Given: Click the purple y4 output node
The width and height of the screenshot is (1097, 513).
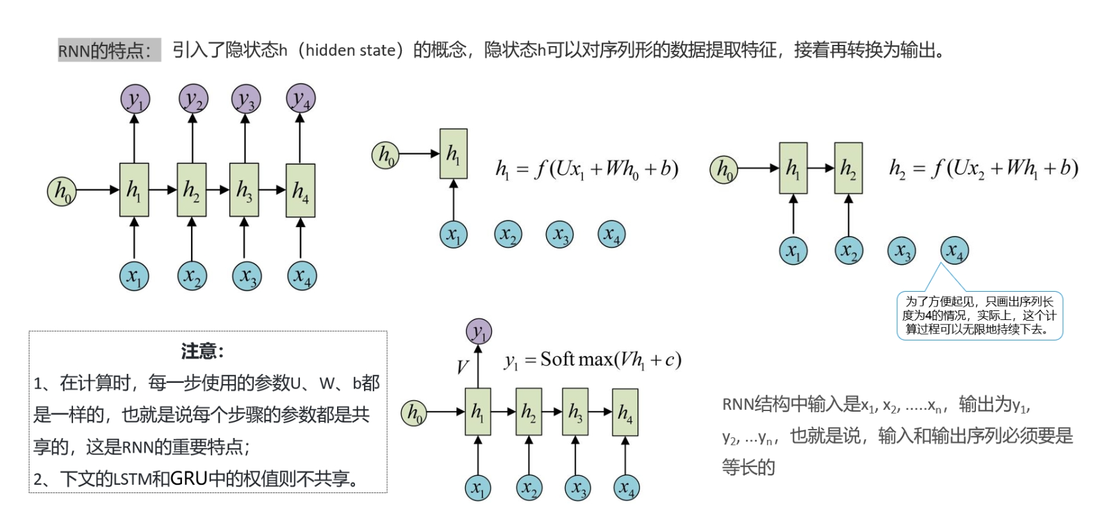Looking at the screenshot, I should (x=300, y=99).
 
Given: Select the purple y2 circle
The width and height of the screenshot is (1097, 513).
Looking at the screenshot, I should (x=193, y=99).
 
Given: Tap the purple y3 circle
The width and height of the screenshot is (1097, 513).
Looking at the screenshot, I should (x=245, y=99).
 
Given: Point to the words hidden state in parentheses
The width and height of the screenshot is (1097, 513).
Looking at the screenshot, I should (x=350, y=50).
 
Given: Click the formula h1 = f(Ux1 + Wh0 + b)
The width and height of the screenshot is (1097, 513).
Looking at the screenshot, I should (x=586, y=169).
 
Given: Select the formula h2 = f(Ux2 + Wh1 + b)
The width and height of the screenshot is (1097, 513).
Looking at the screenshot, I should (x=983, y=168).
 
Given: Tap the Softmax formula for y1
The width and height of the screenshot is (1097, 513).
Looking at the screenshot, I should (x=593, y=360).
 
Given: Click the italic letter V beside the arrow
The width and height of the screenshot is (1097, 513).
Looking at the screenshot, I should (x=463, y=367).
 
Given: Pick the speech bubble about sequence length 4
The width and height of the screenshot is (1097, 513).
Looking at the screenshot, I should (x=979, y=315).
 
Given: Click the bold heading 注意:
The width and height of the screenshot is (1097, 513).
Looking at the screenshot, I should (x=202, y=351).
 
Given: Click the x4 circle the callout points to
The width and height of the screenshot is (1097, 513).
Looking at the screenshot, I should (x=954, y=251).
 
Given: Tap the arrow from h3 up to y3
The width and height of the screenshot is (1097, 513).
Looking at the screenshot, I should (x=245, y=138).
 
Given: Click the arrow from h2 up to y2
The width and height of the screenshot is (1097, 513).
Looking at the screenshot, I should (x=192, y=138).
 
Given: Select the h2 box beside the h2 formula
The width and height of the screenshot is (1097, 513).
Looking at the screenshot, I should (x=848, y=169).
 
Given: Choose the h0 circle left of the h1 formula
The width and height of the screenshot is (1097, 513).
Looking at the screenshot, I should (x=385, y=155).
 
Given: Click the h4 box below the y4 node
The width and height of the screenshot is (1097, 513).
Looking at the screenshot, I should (x=300, y=190).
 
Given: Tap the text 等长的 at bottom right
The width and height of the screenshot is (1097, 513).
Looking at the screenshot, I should (x=748, y=467).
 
